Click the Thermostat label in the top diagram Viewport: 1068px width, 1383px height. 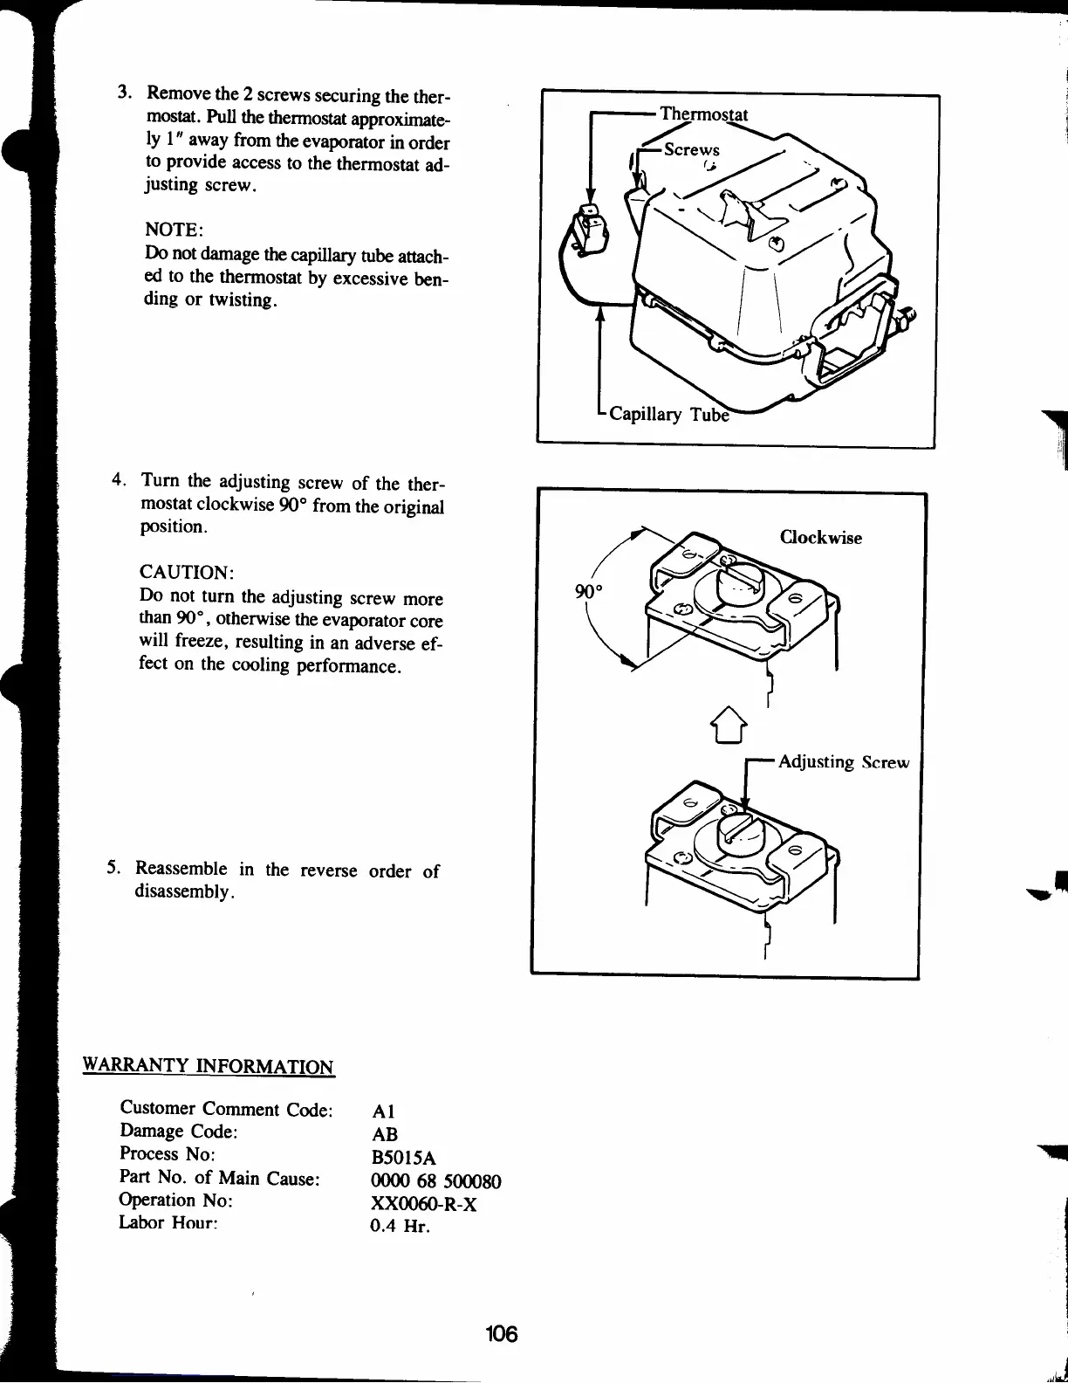pyautogui.click(x=703, y=114)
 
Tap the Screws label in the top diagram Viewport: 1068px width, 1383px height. pyautogui.click(x=691, y=149)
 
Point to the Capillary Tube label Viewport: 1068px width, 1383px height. pyautogui.click(x=667, y=414)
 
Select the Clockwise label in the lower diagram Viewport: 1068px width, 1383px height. pyautogui.click(x=820, y=538)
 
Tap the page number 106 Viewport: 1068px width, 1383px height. pyautogui.click(x=503, y=1333)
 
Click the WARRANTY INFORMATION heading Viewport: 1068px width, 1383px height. pyautogui.click(x=208, y=1066)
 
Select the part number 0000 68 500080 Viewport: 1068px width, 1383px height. pyautogui.click(x=436, y=1182)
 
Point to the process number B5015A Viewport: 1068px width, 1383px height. pyautogui.click(x=403, y=1159)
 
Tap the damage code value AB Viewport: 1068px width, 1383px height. pyautogui.click(x=384, y=1135)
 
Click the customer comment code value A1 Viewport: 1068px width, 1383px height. pyautogui.click(x=383, y=1112)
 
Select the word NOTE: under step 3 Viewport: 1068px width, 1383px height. pyautogui.click(x=174, y=230)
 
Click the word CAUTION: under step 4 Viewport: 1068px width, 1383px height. pyautogui.click(x=186, y=573)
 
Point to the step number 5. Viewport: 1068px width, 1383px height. pyautogui.click(x=113, y=868)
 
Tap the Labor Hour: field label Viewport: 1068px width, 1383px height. pyautogui.click(x=168, y=1222)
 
